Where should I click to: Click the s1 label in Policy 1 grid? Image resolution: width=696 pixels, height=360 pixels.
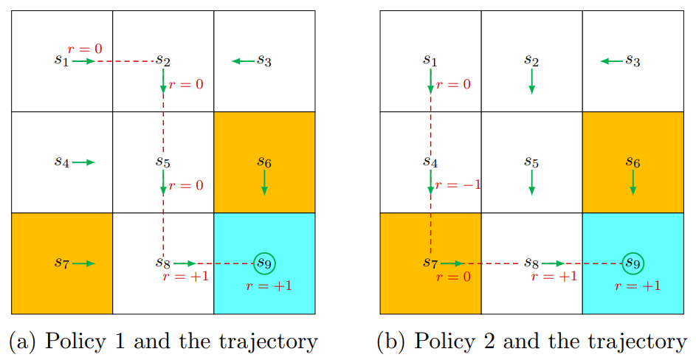tap(61, 60)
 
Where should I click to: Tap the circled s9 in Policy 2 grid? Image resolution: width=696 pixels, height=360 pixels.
tap(633, 263)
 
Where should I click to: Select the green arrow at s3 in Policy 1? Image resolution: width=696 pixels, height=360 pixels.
tap(243, 61)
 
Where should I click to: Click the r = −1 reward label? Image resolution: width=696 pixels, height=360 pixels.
tap(458, 184)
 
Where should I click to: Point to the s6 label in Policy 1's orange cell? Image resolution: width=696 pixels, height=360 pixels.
tap(263, 162)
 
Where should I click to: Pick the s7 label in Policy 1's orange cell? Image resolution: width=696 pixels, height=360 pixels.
tap(61, 263)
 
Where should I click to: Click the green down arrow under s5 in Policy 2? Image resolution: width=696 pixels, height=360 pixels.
tap(531, 184)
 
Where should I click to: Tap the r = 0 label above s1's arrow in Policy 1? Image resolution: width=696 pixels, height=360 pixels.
tap(85, 49)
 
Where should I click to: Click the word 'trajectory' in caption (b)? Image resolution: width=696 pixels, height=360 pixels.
tap(639, 342)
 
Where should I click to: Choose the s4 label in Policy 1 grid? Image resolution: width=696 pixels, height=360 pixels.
tap(61, 162)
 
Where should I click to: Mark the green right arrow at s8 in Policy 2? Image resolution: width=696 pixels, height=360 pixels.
tap(553, 263)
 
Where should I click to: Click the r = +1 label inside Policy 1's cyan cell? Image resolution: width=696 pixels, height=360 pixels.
tap(269, 285)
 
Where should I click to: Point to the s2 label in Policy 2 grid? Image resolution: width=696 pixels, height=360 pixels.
tap(531, 60)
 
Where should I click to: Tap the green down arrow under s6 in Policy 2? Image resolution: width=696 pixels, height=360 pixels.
tap(633, 184)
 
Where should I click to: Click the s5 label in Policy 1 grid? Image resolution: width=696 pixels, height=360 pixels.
tap(162, 162)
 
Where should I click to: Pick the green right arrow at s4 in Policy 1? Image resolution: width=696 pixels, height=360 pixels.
tap(84, 162)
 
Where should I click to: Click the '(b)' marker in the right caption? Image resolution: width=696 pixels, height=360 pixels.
tap(390, 342)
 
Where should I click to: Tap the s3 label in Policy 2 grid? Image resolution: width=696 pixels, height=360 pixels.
tap(633, 60)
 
